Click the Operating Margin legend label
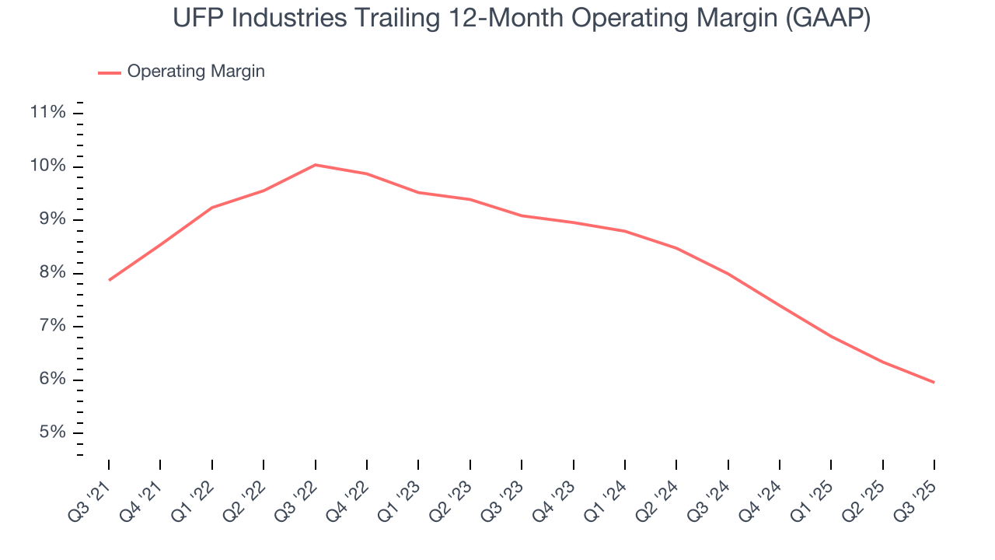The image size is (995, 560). coord(196,72)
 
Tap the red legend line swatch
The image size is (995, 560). coord(109,72)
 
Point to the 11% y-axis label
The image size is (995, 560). coord(47,113)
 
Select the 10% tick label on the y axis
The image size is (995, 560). coord(47,166)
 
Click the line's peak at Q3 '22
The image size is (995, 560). coord(315,165)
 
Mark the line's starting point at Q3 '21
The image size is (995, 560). coord(109,280)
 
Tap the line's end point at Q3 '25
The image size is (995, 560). coord(934,382)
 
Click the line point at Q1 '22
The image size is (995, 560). coord(211,208)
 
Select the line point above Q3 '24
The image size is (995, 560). coord(728,274)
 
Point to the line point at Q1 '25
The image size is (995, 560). coord(831,336)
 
